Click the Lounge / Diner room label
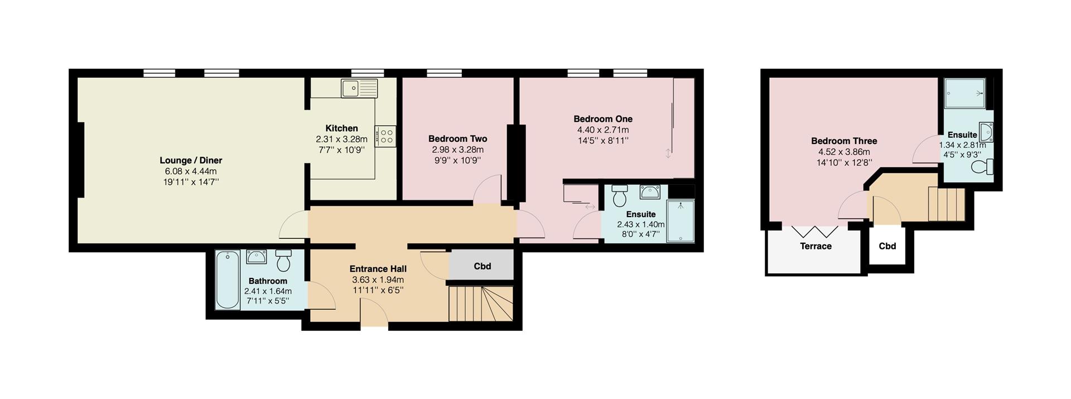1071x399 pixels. point(191,161)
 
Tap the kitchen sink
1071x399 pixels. point(360,88)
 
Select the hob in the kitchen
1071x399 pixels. point(385,134)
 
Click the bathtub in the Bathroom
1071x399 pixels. point(227,280)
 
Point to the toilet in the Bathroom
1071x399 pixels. point(283,260)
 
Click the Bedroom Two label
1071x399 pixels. point(457,139)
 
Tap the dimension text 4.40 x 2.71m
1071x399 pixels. point(602,130)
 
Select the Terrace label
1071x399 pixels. point(816,246)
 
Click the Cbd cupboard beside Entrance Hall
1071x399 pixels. point(482,266)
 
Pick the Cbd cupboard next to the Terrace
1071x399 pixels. point(887,246)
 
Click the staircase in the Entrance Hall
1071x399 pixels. point(480,304)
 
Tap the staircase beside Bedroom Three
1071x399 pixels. point(946,204)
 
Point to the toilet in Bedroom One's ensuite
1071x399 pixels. point(620,195)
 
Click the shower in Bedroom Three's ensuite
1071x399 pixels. point(964,92)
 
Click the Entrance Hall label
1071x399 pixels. point(378,269)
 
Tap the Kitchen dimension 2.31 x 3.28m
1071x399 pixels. point(341,140)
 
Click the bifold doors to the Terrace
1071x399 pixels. point(815,231)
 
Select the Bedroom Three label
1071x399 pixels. point(843,141)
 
